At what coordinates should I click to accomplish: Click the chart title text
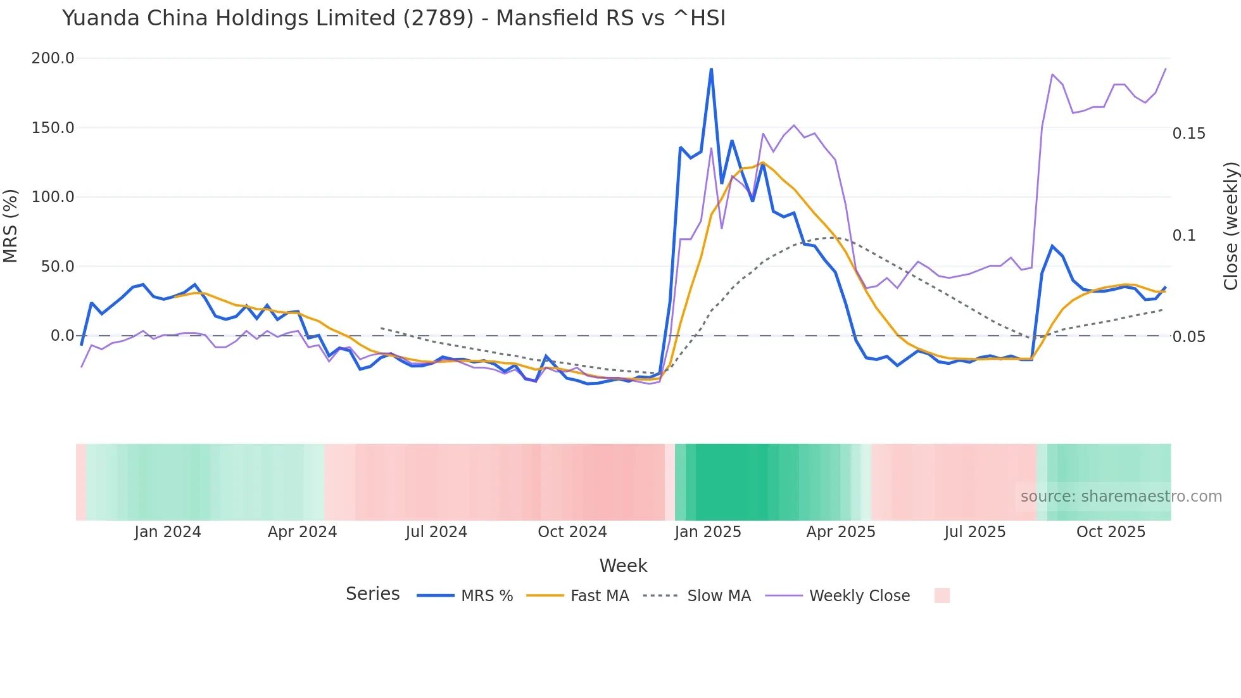coord(393,18)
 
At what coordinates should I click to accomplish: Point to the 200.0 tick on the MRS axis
coord(53,58)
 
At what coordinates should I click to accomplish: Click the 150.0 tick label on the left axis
coord(53,128)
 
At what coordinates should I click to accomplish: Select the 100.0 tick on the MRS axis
coord(53,197)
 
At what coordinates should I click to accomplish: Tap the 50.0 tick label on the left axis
coord(58,267)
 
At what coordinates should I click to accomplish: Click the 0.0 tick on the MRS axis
coord(63,336)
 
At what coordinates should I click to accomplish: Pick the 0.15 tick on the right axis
coord(1188,134)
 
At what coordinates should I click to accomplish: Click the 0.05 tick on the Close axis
coord(1188,337)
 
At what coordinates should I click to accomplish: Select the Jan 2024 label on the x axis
coord(168,532)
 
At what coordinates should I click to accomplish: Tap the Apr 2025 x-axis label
coord(840,532)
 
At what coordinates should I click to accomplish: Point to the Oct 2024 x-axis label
coord(572,532)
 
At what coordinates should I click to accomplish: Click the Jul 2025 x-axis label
coord(974,532)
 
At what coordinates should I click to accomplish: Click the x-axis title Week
coord(623,566)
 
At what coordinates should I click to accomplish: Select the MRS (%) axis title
coord(11,225)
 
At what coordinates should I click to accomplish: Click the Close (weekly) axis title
coord(1230,225)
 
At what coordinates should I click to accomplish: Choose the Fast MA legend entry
coord(599,596)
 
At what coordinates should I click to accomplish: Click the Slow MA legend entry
coord(719,596)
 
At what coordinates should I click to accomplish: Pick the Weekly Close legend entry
coord(859,596)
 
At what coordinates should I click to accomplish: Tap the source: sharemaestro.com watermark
coord(1121,497)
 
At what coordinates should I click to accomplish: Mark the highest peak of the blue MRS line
coord(711,68)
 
